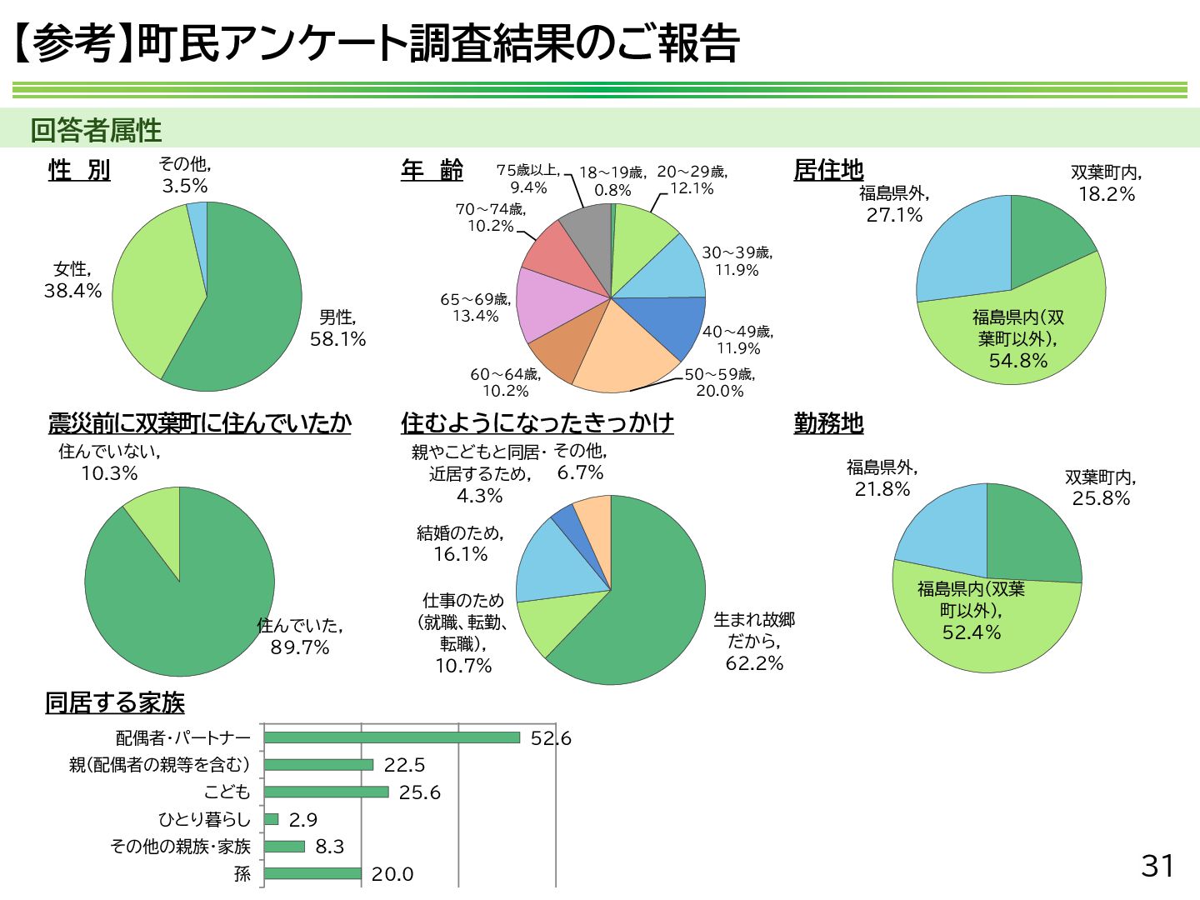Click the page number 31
pyautogui.click(x=1157, y=866)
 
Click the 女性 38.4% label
pyautogui.click(x=72, y=280)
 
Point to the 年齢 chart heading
pyautogui.click(x=432, y=170)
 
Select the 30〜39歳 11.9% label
pyautogui.click(x=737, y=261)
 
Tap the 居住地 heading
pyautogui.click(x=828, y=170)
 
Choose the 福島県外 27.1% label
pyautogui.click(x=894, y=204)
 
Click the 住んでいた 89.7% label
pyautogui.click(x=300, y=636)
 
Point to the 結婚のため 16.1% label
pyautogui.click(x=460, y=543)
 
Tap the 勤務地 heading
pyautogui.click(x=828, y=423)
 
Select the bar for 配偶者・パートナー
pyautogui.click(x=392, y=737)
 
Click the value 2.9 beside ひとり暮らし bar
pyautogui.click(x=303, y=819)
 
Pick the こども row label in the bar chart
pyautogui.click(x=227, y=792)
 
